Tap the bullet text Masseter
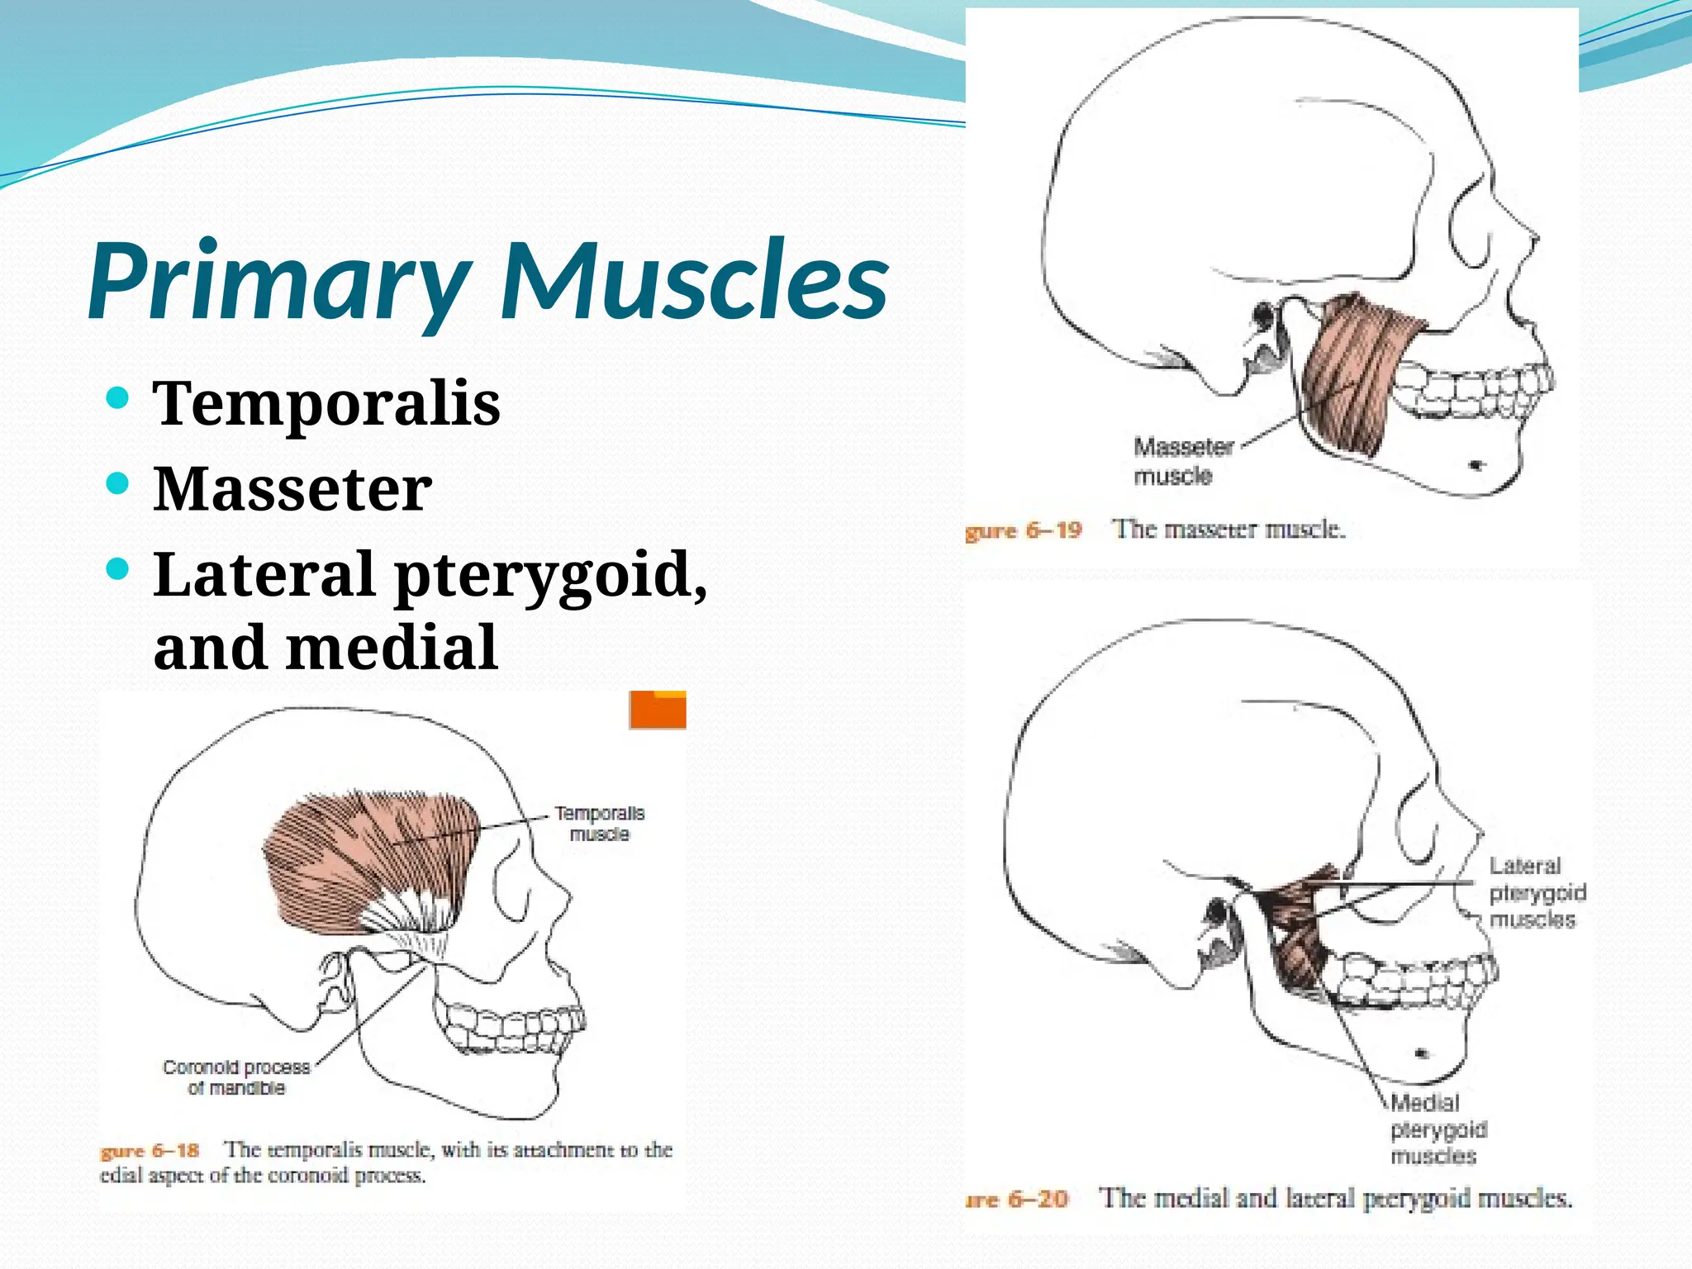(x=292, y=489)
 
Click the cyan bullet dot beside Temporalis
(x=118, y=398)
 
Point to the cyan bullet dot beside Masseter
(x=118, y=482)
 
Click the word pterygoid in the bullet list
(x=549, y=577)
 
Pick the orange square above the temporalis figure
(x=658, y=710)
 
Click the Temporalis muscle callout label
(x=599, y=824)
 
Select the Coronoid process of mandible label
(x=236, y=1077)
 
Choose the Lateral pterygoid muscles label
(x=1537, y=892)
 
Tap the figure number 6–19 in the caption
(x=1053, y=530)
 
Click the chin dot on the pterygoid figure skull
(x=1422, y=1053)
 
